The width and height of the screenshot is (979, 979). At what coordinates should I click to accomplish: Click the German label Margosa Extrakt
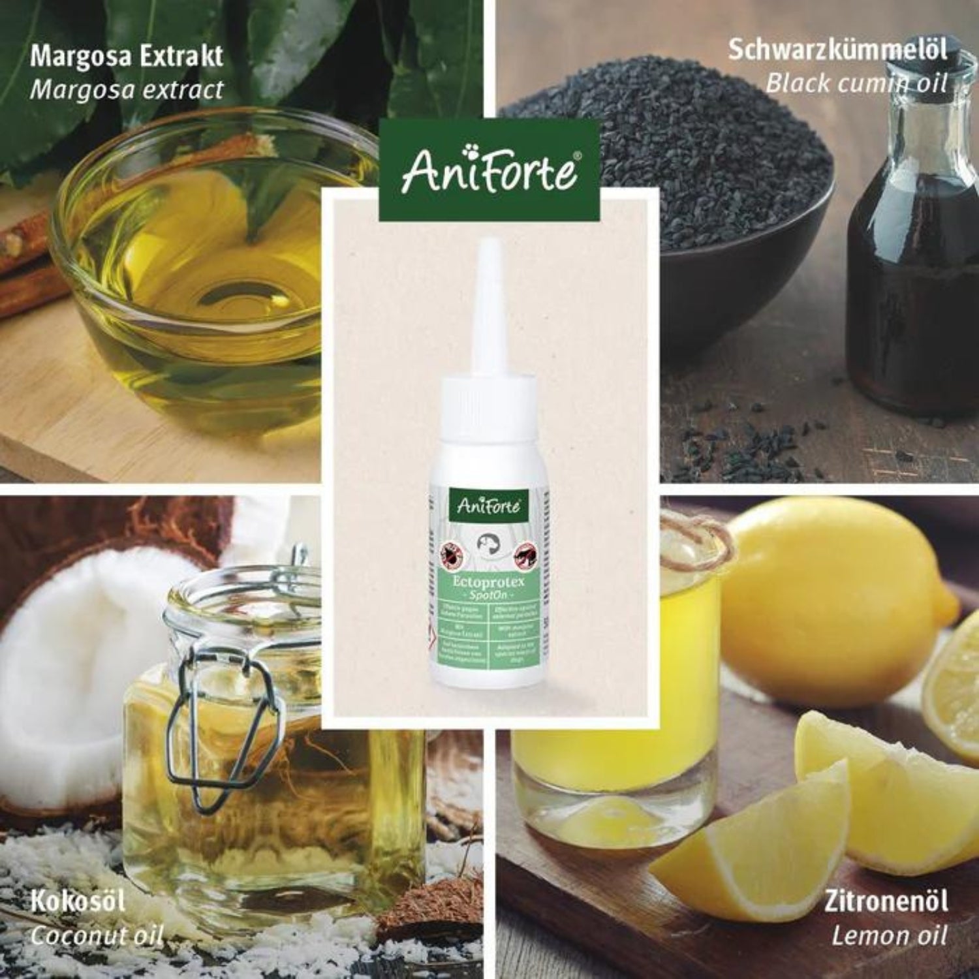point(127,56)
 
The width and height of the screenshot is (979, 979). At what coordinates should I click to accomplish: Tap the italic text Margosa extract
point(127,89)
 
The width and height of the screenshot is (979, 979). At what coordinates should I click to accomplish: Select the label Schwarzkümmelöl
point(837,50)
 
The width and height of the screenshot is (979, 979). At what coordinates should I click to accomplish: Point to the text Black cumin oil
point(856,83)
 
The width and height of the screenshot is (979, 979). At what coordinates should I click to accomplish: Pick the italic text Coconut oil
point(97,936)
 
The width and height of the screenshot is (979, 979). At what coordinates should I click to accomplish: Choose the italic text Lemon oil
point(888,936)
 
